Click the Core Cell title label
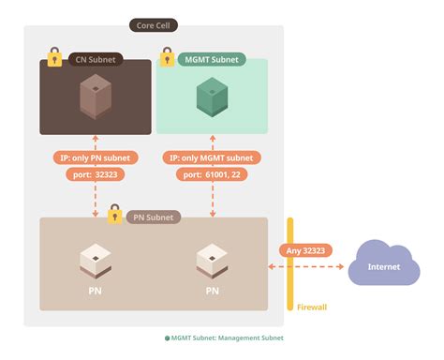155,25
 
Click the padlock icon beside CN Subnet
54,57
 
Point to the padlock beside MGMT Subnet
167,57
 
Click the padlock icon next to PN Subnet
114,215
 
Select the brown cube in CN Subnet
95,97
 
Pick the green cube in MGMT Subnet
212,97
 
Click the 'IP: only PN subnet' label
95,157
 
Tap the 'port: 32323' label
95,174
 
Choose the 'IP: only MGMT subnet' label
212,157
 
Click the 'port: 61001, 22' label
212,174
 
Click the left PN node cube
96,260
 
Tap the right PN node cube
213,260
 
